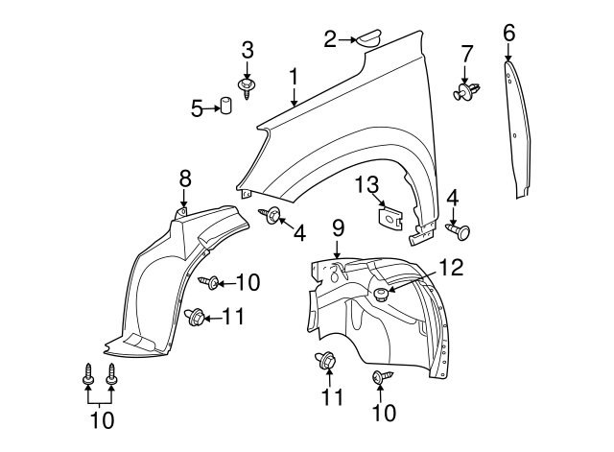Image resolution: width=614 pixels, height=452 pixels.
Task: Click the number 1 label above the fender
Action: coord(294,77)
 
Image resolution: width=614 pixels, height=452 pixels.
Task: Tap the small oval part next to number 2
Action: coord(369,38)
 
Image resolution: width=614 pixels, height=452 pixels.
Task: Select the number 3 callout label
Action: coord(248,50)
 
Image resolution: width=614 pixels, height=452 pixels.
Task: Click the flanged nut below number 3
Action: coord(248,87)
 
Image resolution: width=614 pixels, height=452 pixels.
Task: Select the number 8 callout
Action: coord(185,177)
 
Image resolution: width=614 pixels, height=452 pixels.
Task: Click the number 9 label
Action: coord(338,228)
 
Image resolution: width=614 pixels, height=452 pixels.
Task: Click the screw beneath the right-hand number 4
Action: coord(462,231)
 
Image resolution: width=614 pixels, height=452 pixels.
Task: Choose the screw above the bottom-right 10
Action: coord(378,378)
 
